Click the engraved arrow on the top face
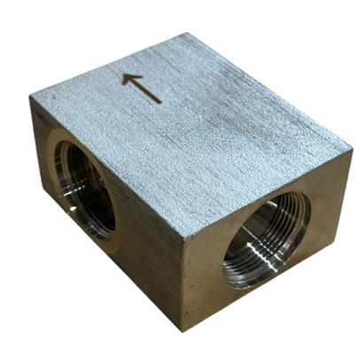[142, 88]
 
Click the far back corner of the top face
[188, 35]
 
